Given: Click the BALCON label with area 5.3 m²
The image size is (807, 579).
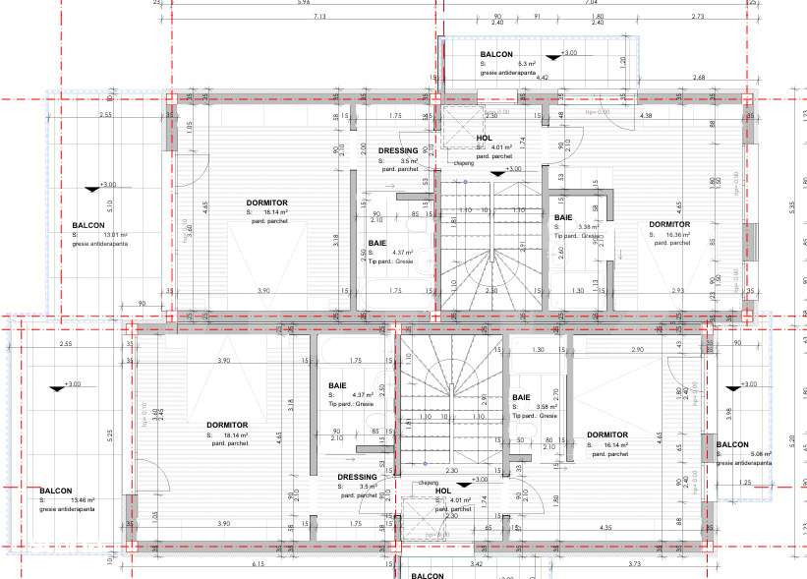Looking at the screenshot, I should [496, 54].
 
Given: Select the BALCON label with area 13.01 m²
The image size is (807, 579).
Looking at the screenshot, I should [89, 225].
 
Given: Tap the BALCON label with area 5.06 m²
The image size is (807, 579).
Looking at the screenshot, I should [732, 445].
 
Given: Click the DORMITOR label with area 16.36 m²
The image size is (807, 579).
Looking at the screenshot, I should [669, 225].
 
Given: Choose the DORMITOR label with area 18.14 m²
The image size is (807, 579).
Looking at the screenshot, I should [226, 426].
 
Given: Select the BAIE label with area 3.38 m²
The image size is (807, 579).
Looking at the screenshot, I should [563, 218].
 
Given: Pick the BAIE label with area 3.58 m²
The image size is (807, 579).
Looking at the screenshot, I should [521, 398].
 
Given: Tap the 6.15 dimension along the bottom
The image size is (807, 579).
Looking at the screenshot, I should [259, 564].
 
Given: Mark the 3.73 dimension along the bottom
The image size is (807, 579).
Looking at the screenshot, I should [634, 564].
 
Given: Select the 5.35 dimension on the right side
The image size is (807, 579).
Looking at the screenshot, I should [792, 207].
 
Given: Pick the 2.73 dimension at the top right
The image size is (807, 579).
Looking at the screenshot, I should [698, 17].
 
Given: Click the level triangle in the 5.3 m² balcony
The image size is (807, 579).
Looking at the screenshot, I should [556, 57].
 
